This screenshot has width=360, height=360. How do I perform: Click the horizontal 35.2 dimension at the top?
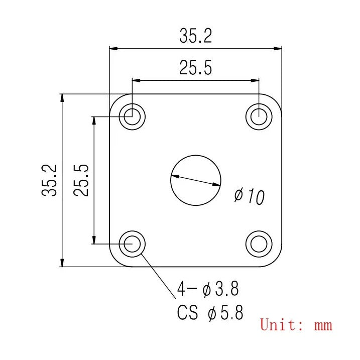(x=196, y=36)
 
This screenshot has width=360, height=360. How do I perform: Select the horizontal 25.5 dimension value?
(x=196, y=68)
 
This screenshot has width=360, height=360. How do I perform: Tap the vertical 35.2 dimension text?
(x=49, y=180)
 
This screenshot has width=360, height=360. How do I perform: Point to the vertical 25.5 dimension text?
(x=81, y=180)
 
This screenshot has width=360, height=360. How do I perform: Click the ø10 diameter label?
(x=250, y=196)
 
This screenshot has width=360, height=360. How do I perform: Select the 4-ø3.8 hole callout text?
(x=208, y=289)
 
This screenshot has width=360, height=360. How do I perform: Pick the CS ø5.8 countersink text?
(x=210, y=312)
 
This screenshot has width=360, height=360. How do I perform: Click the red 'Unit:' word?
(x=282, y=324)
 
